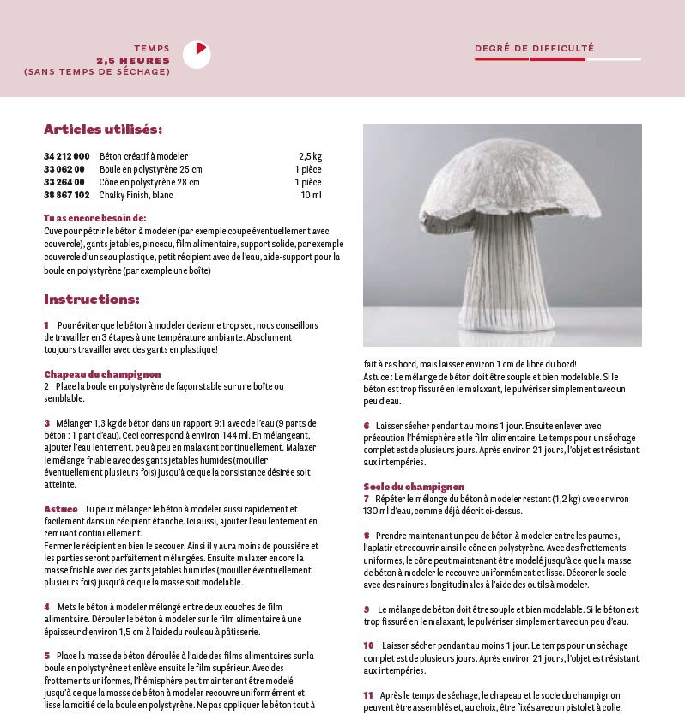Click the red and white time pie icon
(x=197, y=54)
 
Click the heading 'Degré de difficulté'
(x=534, y=49)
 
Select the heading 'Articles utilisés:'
(x=103, y=130)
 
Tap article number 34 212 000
(x=66, y=156)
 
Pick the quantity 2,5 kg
(x=310, y=156)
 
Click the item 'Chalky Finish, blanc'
(x=137, y=195)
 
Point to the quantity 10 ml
(x=312, y=195)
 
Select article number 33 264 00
(x=64, y=182)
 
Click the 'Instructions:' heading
(x=92, y=300)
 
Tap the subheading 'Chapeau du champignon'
(x=102, y=374)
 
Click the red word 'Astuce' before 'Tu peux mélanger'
(x=60, y=509)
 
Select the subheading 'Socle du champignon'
(x=414, y=487)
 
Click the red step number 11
(x=368, y=694)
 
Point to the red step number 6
(x=367, y=425)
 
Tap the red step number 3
(x=47, y=423)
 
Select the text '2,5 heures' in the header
(x=133, y=61)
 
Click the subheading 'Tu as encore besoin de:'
(x=95, y=218)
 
